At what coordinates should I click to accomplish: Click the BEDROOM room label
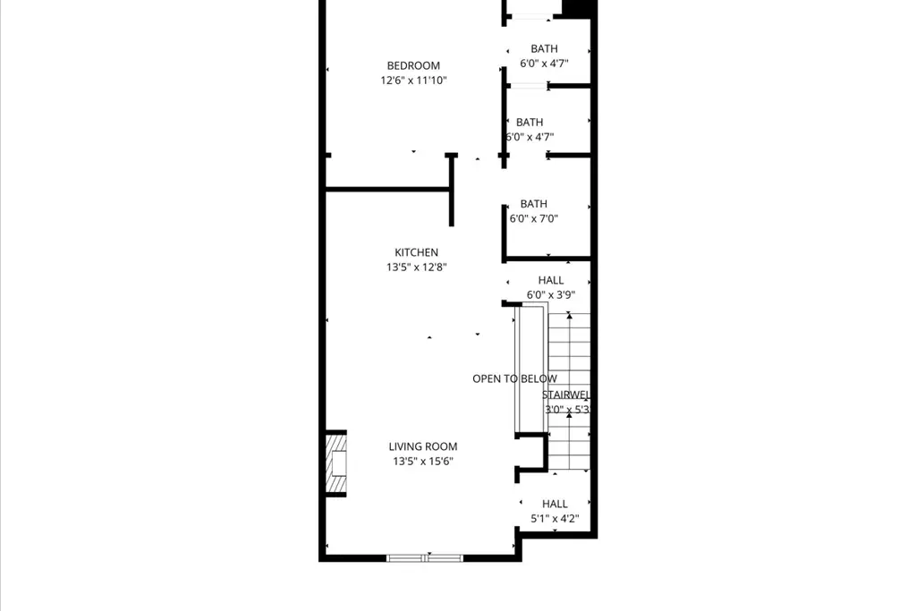point(413,65)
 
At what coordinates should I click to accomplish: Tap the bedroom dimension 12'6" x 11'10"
point(413,81)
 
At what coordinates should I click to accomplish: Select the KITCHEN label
point(417,252)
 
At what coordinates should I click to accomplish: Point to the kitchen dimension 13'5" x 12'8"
point(417,267)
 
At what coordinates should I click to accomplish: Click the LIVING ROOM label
point(423,446)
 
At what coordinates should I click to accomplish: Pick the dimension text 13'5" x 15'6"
point(423,462)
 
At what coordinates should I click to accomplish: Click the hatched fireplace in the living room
point(335,463)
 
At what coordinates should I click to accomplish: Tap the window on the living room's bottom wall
point(426,558)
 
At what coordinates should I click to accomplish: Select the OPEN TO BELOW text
point(514,379)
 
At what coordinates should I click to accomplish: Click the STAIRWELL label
point(565,395)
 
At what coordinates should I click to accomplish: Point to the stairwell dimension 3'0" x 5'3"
point(568,410)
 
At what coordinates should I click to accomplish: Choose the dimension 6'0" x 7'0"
point(534,218)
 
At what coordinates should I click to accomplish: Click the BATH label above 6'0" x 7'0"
point(534,204)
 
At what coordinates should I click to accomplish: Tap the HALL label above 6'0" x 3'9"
point(551,280)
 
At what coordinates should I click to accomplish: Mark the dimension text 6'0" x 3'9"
point(551,295)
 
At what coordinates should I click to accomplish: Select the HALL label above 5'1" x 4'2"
point(555,504)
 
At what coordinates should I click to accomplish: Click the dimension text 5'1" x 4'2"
point(555,519)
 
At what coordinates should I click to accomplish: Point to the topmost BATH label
point(544,49)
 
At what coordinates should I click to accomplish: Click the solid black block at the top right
point(578,7)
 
